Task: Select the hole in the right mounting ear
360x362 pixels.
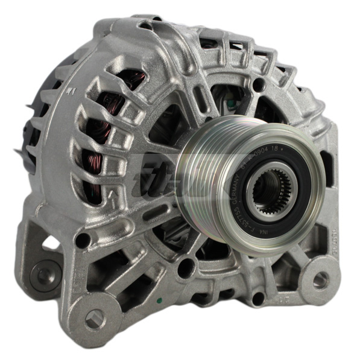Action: click(x=320, y=279)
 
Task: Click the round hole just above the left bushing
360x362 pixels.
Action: click(x=82, y=240)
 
